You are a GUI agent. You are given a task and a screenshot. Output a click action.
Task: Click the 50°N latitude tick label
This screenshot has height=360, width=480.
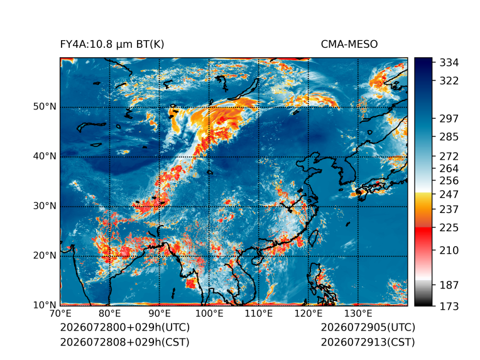[45, 107]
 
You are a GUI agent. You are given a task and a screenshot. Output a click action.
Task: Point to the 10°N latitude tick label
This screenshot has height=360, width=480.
[45, 305]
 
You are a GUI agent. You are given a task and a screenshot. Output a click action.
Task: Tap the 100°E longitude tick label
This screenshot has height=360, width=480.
[209, 314]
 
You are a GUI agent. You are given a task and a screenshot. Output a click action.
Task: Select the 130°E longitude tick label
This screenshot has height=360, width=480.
[358, 314]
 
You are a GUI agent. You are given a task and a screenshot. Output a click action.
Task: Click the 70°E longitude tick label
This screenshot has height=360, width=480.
[60, 314]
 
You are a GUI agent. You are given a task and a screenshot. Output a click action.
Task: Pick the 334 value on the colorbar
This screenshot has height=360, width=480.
[449, 63]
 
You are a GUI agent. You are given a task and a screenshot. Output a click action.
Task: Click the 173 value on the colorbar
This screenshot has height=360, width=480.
[449, 306]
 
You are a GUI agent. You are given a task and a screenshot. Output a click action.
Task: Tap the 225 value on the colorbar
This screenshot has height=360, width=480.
[449, 228]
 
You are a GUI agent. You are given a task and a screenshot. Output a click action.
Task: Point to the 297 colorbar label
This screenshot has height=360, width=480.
[449, 119]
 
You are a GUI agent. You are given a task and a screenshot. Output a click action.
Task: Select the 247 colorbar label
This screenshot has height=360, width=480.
[449, 194]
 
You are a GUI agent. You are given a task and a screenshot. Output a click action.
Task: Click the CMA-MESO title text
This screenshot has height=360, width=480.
[349, 45]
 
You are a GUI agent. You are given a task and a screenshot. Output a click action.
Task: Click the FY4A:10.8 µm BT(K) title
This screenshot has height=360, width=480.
[112, 45]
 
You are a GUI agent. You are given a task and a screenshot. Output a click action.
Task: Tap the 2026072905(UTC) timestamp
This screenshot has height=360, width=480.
[368, 327]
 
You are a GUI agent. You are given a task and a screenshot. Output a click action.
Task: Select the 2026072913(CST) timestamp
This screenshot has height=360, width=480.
[368, 342]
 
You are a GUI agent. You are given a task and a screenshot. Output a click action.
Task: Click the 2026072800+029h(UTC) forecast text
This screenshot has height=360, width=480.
[125, 327]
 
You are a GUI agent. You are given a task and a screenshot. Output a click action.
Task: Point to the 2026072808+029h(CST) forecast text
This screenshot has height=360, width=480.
[125, 342]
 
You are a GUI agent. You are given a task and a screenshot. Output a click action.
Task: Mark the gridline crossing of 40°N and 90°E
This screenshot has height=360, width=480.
[160, 157]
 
